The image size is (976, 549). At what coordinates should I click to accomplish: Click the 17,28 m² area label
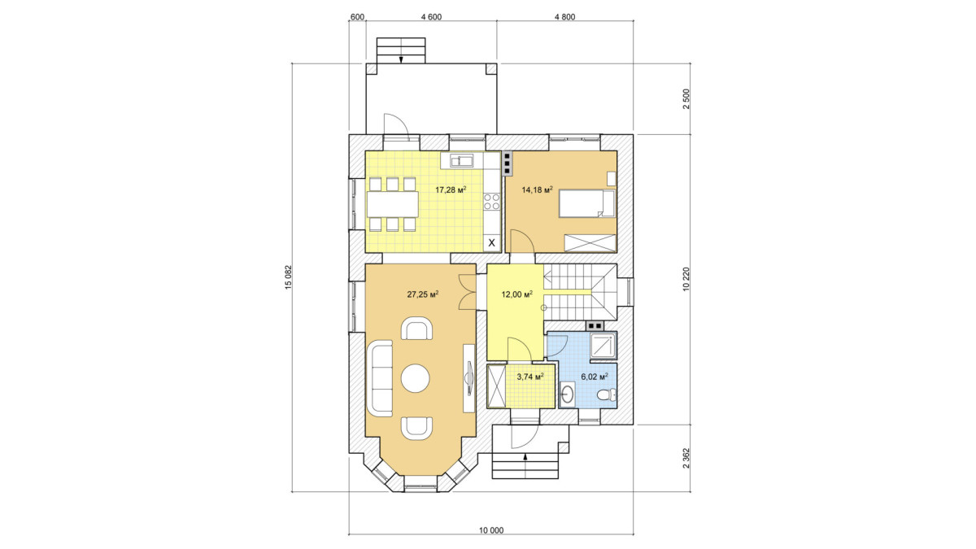(x=451, y=190)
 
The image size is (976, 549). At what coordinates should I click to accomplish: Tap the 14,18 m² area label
(x=538, y=190)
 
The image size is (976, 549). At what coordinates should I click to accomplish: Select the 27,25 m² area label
(x=423, y=294)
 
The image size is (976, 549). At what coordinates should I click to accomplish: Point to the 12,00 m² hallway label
(x=516, y=294)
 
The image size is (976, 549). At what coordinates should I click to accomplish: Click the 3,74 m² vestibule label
(x=529, y=377)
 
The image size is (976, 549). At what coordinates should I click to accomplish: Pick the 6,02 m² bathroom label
(x=595, y=377)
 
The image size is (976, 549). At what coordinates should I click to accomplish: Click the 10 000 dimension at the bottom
(x=491, y=530)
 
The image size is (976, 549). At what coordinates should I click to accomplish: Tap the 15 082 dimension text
(x=288, y=277)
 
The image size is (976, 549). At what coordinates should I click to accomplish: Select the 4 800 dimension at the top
(x=564, y=17)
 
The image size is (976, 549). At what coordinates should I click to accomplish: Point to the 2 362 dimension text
(x=686, y=458)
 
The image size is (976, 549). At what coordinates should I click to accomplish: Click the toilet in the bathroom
(x=606, y=394)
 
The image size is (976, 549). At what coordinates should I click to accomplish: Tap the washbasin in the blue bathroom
(x=567, y=394)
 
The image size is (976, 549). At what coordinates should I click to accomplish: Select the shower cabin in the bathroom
(x=603, y=346)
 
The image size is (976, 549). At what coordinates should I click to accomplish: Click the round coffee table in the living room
(x=416, y=377)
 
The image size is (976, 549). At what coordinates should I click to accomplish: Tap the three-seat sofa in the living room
(x=380, y=378)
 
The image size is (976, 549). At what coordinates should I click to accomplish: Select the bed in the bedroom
(x=587, y=203)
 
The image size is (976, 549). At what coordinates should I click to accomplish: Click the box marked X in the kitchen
(x=492, y=243)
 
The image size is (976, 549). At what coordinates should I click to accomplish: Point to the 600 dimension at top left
(x=357, y=17)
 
